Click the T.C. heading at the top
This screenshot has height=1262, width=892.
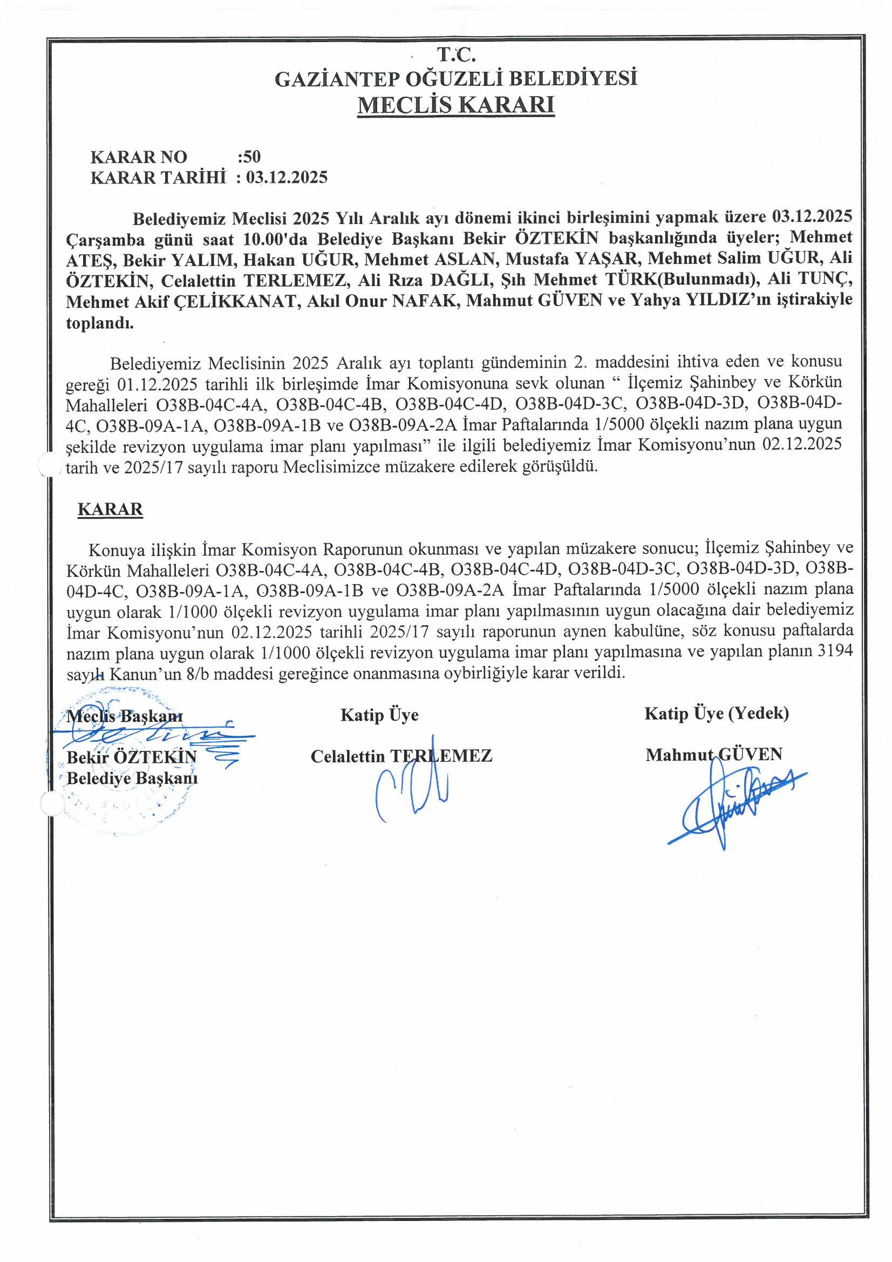(456, 56)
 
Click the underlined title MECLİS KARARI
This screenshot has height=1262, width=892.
(455, 105)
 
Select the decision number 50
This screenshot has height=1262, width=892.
(249, 157)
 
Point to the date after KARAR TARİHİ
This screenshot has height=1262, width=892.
(287, 178)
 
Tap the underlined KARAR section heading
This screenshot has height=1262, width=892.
(111, 509)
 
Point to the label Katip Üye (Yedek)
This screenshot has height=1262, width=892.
(717, 714)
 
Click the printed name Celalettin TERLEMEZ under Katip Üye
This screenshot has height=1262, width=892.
(401, 756)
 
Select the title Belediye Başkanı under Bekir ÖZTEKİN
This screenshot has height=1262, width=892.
(132, 778)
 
